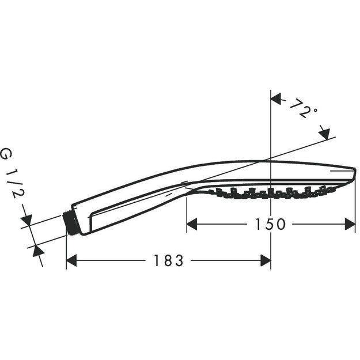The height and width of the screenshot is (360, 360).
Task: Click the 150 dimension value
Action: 268,224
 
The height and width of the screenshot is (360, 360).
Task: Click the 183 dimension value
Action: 168,260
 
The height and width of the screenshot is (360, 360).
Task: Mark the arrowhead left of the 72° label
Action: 276,99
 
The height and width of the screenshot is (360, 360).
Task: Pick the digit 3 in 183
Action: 180,260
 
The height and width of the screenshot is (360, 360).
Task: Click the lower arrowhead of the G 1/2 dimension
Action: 38,251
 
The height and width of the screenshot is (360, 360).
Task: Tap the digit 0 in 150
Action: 281,224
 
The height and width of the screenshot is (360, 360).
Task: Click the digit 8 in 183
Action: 168,260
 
